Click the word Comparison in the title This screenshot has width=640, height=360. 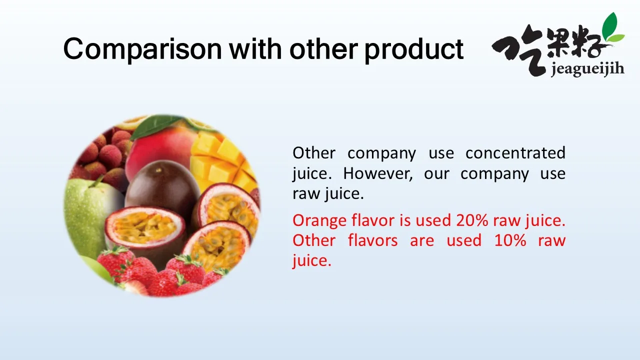(x=142, y=49)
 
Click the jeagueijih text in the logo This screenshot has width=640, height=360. (x=587, y=69)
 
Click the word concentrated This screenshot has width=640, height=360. (x=515, y=153)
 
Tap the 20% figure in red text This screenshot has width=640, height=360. (x=472, y=220)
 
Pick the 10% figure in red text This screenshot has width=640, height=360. (x=510, y=240)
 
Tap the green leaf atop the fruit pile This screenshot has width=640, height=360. (x=154, y=125)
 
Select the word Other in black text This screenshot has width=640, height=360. (x=314, y=153)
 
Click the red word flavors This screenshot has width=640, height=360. (x=373, y=240)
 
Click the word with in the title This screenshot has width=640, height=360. (x=255, y=49)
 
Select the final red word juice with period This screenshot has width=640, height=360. (x=311, y=261)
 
